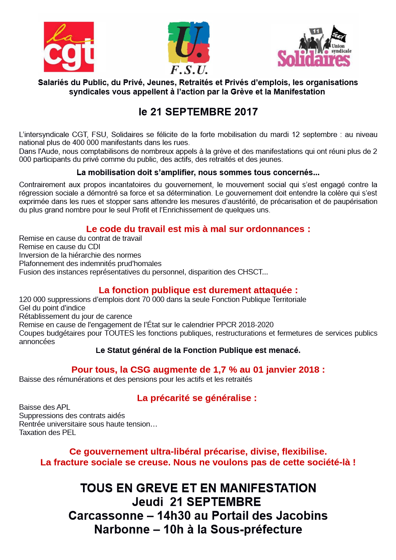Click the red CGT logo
tap(68, 47)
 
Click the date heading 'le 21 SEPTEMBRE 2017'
tap(198, 112)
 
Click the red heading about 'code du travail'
tap(198, 229)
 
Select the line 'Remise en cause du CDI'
tap(59, 247)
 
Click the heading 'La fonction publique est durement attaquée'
tap(198, 290)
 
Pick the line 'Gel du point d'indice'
tap(52, 308)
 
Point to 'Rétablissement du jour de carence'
tap(75, 316)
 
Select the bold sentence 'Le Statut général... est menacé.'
tap(198, 350)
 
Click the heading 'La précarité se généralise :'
tap(197, 398)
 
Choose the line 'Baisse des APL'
tap(44, 407)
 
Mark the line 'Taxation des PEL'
tap(48, 432)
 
